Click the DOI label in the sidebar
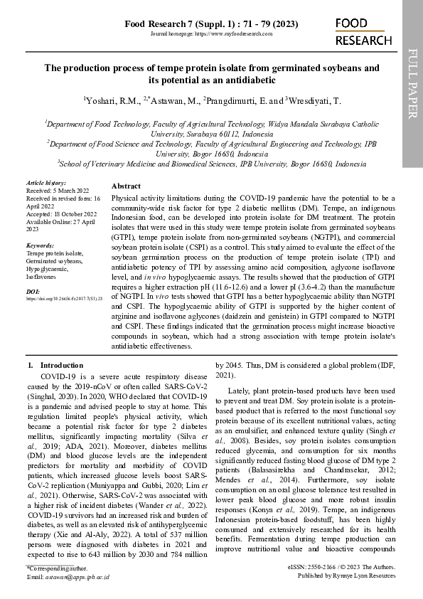pyautogui.click(x=33, y=292)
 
